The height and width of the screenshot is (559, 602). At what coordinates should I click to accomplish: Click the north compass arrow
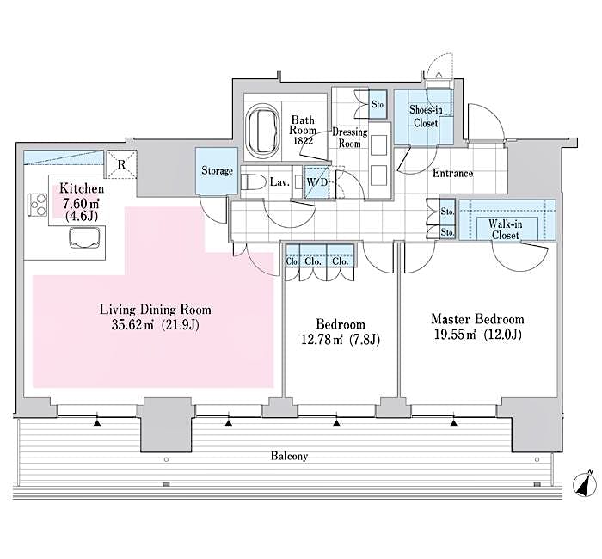click(585, 485)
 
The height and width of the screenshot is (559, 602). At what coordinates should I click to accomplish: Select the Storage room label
click(217, 171)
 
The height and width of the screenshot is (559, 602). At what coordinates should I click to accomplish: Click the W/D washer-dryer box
click(316, 181)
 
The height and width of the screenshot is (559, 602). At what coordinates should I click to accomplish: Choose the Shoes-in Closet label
click(424, 116)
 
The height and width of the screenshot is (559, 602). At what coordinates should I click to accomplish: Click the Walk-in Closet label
click(507, 228)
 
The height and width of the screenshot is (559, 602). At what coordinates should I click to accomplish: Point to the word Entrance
click(452, 174)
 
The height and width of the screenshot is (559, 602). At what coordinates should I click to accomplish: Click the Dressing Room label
click(351, 138)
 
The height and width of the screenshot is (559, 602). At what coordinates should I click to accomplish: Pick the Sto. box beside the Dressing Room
click(378, 106)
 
